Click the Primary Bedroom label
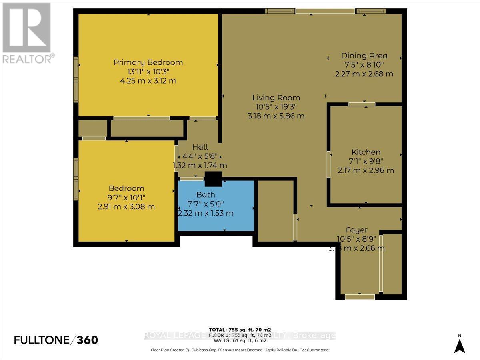pyautogui.click(x=148, y=62)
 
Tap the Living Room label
pyautogui.click(x=276, y=98)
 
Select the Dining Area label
pyautogui.click(x=364, y=56)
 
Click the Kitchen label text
pyautogui.click(x=366, y=152)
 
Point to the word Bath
pyautogui.click(x=206, y=195)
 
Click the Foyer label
pyautogui.click(x=356, y=230)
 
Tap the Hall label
pyautogui.click(x=200, y=147)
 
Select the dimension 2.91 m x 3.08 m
pyautogui.click(x=126, y=207)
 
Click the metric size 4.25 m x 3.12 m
pyautogui.click(x=148, y=81)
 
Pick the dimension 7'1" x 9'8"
pyautogui.click(x=366, y=161)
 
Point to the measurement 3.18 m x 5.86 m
pyautogui.click(x=276, y=116)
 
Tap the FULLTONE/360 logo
pyautogui.click(x=56, y=340)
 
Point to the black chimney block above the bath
pyautogui.click(x=213, y=179)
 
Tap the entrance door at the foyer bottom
pyautogui.click(x=360, y=296)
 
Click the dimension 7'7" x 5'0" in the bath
pyautogui.click(x=206, y=204)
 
